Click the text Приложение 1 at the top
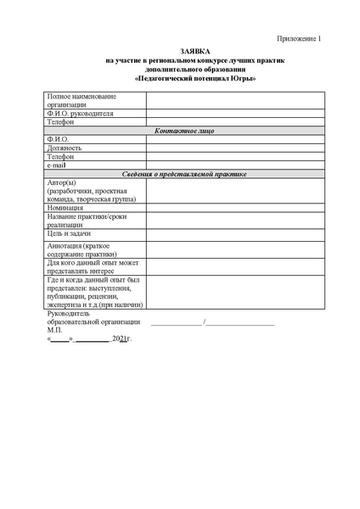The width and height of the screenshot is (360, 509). point(301,39)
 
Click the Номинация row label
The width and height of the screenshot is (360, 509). point(65,208)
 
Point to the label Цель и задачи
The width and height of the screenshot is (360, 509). point(70,233)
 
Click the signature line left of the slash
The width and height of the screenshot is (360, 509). point(177,323)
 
